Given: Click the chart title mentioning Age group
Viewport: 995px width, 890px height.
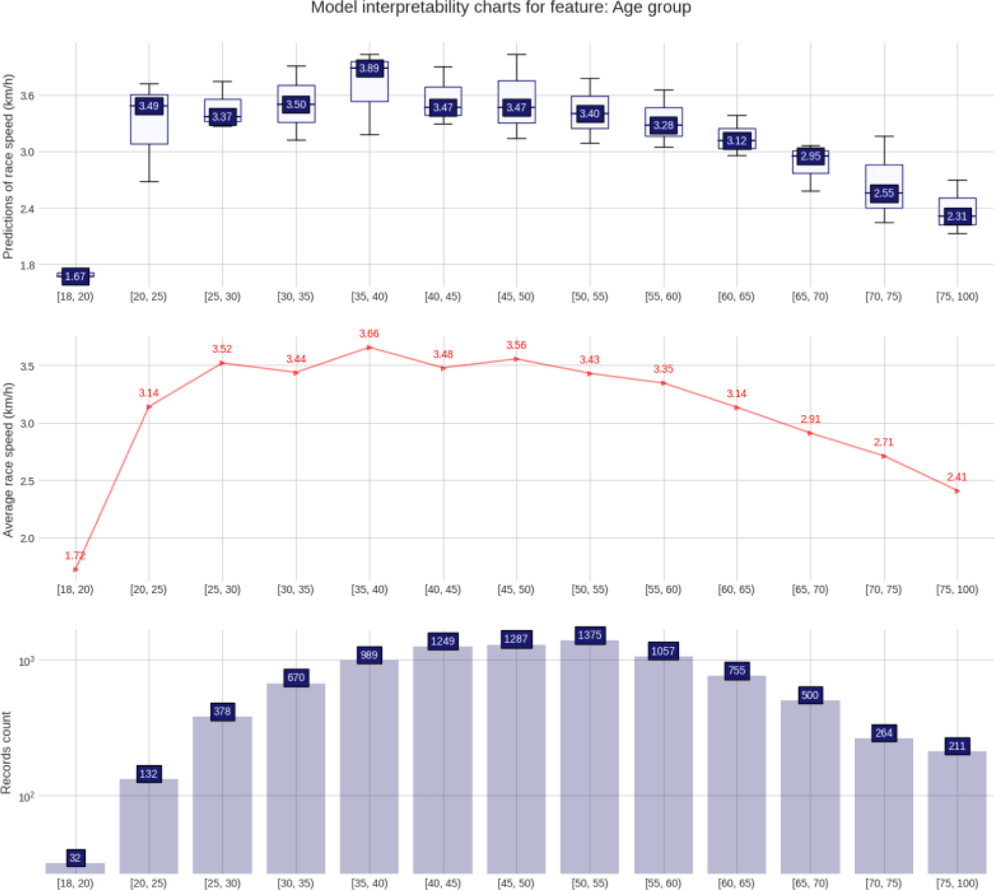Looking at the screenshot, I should (501, 8).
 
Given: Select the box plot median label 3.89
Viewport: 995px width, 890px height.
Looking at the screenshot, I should (369, 68).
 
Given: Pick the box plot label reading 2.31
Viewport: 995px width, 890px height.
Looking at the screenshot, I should (957, 216).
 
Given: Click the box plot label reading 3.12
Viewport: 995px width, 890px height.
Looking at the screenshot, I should (737, 140).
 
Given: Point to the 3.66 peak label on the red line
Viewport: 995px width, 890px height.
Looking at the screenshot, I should (369, 333).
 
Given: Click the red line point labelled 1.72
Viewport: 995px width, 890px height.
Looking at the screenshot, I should (75, 570).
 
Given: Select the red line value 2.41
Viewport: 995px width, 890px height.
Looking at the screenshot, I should (957, 477).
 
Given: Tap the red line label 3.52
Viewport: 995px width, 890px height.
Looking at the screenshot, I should (222, 349).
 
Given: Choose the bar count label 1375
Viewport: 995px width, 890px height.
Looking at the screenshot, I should (590, 635).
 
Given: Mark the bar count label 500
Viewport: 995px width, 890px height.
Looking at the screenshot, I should (810, 695).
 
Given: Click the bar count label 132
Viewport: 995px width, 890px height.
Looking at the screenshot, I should (149, 774).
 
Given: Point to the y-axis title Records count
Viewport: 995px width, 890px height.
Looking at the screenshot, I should (7, 752).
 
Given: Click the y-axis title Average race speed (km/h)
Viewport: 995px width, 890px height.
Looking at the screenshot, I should (8, 459).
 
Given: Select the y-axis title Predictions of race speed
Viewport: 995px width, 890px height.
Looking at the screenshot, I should (8, 167).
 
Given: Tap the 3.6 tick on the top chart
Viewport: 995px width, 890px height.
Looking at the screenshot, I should (27, 96).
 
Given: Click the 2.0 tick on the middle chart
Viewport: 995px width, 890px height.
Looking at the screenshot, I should (27, 538).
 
